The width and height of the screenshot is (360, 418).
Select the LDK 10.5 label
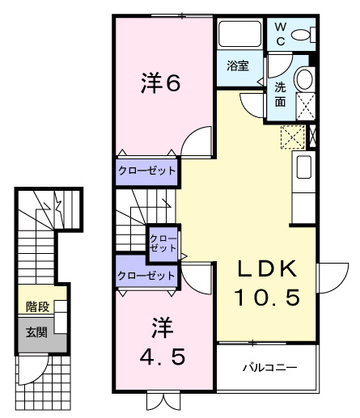click(266, 283)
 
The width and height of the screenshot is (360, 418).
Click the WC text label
click(277, 32)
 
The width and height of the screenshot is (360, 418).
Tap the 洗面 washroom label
click(280, 95)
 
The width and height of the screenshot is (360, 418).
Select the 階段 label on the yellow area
click(36, 306)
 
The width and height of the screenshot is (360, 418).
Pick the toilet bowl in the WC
click(303, 34)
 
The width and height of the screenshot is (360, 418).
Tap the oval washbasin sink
click(305, 79)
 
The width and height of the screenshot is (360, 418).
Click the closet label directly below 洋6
click(146, 171)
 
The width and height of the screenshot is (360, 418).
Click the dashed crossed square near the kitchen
click(291, 137)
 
